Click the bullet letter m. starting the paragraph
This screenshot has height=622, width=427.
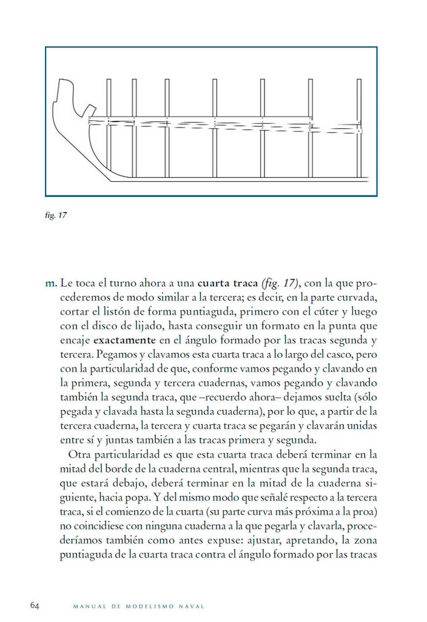coord(51,284)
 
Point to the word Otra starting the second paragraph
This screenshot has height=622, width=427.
coord(79,453)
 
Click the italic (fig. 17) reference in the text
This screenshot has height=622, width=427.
coord(280,284)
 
